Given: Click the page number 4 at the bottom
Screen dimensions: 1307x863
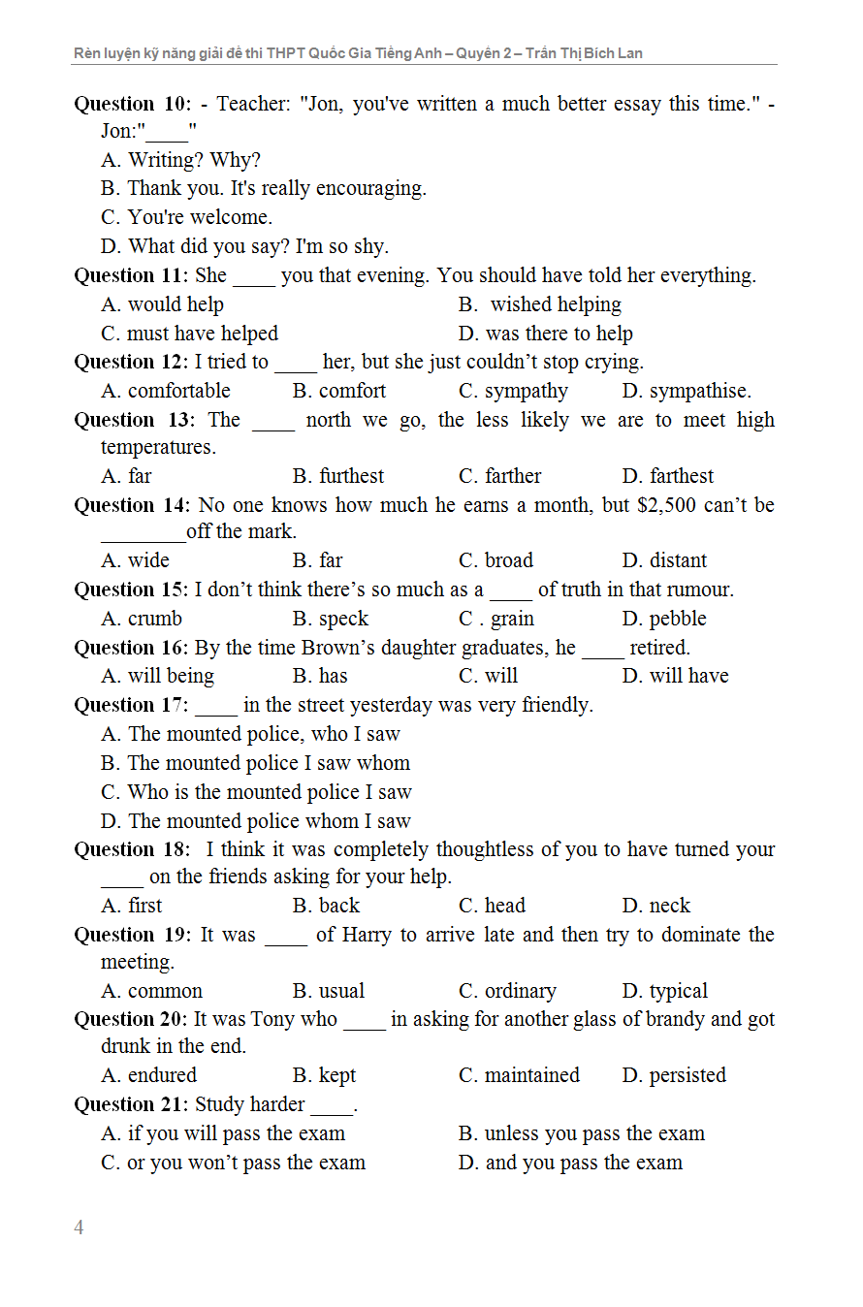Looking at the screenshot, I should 79,1227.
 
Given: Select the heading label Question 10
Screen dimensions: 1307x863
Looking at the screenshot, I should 132,104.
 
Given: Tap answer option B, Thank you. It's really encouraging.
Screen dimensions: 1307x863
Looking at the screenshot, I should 263,188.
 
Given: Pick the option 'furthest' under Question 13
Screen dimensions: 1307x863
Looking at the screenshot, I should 338,476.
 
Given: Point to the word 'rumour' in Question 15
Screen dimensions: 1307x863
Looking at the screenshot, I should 697,590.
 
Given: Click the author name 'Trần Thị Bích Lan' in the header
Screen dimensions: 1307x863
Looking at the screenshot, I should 584,53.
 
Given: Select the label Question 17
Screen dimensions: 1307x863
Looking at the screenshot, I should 131,705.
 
